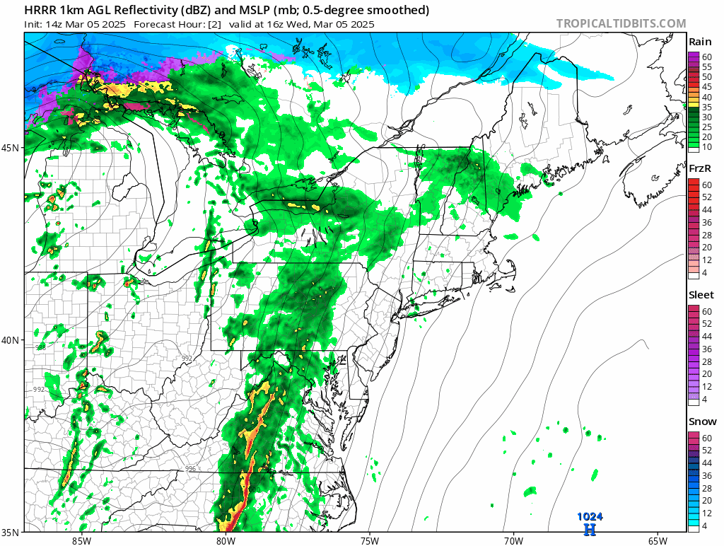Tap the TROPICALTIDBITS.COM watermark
[x=621, y=23]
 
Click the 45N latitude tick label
[x=12, y=148]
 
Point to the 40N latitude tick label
[x=12, y=339]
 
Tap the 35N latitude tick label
[x=12, y=532]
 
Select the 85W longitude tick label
[x=81, y=541]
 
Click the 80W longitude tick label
[x=226, y=541]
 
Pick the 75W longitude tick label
[x=369, y=541]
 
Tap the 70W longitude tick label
[x=513, y=541]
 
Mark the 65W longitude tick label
[x=657, y=541]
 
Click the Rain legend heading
[x=700, y=42]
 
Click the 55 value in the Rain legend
[x=706, y=66]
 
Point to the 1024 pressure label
[x=590, y=517]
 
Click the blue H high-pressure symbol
[x=590, y=528]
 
